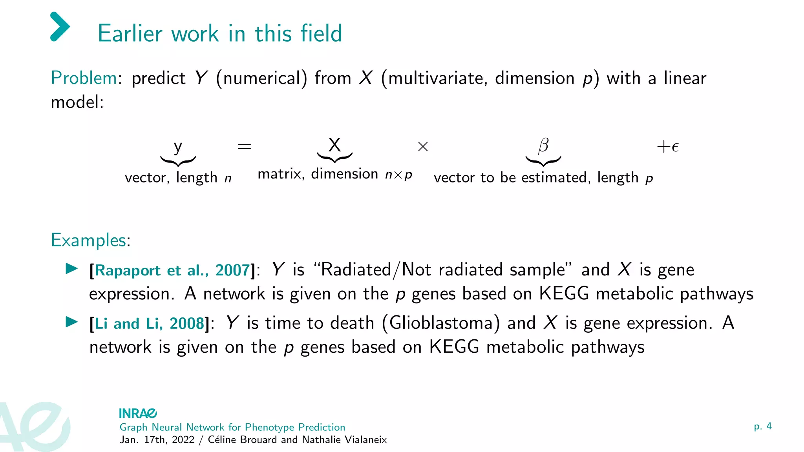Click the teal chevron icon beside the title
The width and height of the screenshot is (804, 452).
[x=60, y=27]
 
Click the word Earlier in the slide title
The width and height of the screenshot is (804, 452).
[x=130, y=33]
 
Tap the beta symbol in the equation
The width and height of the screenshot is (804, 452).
[x=543, y=146]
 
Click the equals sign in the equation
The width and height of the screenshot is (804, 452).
[x=244, y=147]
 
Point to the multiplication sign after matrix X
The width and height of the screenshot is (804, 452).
[x=423, y=147]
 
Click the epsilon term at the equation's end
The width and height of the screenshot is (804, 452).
[x=668, y=147]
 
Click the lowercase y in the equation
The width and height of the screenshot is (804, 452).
[x=178, y=147]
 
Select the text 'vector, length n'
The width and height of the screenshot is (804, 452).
[x=178, y=178]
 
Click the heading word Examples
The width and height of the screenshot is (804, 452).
[x=90, y=240]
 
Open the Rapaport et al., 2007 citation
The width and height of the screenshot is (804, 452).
[x=172, y=270]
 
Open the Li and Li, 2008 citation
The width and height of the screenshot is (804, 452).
[x=150, y=324]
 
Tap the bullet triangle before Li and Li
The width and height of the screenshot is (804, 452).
[x=71, y=322]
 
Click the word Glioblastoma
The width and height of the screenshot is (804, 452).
[x=441, y=323]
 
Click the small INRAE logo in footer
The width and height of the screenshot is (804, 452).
[x=138, y=413]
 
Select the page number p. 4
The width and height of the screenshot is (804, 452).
[x=762, y=426]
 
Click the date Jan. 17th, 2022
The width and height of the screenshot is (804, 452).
[x=157, y=440]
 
